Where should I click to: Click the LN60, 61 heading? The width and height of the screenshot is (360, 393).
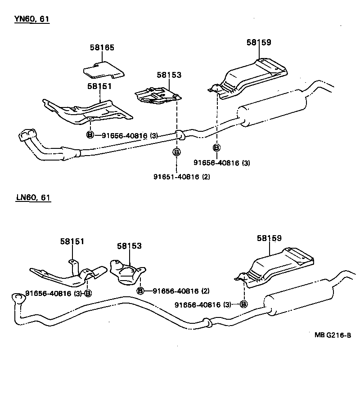tap(33, 197)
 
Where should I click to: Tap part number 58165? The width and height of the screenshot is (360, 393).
tap(102, 47)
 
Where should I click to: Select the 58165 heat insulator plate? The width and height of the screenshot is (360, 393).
tap(104, 69)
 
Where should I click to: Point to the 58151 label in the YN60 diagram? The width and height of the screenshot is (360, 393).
tap(99, 86)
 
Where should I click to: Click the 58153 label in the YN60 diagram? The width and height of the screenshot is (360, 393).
tap(169, 75)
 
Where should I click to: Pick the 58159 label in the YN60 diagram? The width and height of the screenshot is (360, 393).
tap(259, 43)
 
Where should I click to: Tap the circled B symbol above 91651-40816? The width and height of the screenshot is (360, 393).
tap(177, 152)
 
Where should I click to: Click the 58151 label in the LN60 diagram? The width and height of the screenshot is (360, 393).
tap(72, 241)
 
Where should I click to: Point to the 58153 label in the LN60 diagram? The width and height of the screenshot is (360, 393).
tap(129, 246)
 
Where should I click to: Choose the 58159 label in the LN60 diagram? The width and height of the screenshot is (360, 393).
tap(270, 238)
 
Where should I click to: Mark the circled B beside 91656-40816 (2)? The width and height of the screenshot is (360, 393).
tap(140, 291)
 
